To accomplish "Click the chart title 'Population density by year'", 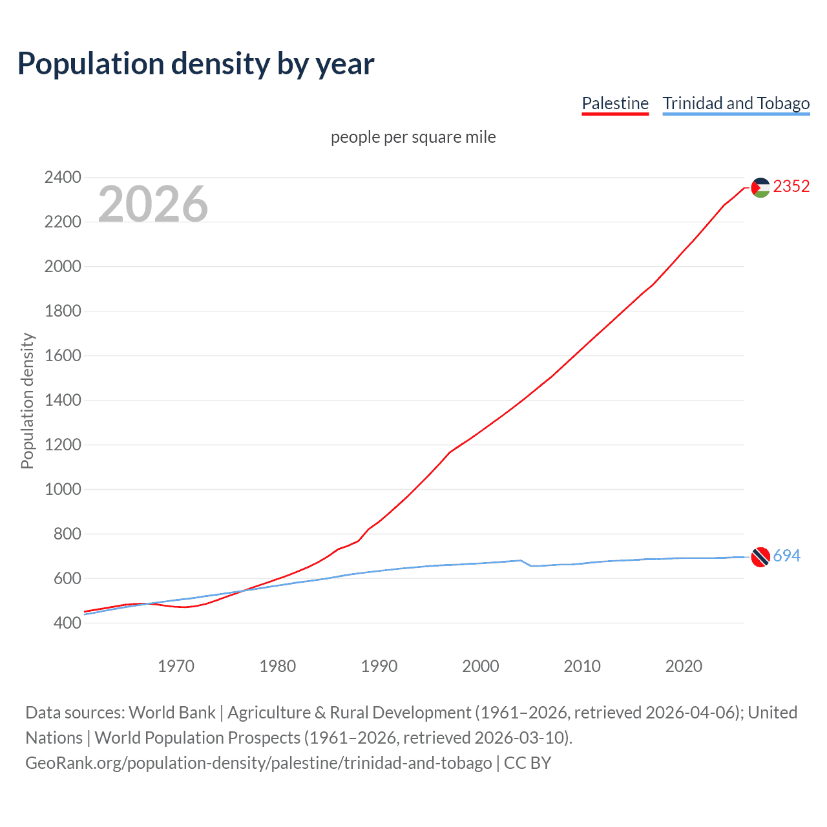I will (196, 63).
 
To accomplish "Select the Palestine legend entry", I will (614, 103).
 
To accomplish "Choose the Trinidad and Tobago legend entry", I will (736, 103).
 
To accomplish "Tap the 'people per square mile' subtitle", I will (413, 137).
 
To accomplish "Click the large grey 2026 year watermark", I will (153, 204).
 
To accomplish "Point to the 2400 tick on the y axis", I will (63, 177).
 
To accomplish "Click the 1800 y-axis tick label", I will (63, 311).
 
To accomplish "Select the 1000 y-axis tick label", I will (63, 489).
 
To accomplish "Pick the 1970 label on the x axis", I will (176, 666).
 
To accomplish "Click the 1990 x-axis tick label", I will (379, 666).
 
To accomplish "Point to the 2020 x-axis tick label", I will (684, 666).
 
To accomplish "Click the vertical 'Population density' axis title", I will (27, 401).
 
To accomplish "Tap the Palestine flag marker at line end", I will (760, 187).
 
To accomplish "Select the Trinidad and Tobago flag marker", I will (760, 556).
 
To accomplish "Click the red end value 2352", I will (791, 187).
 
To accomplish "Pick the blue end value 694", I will (786, 556).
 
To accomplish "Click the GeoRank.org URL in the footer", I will (258, 763).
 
